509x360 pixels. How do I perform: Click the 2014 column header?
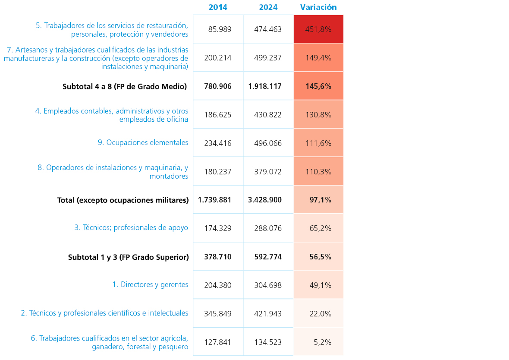coord(218,7)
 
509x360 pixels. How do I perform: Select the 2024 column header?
coord(268,7)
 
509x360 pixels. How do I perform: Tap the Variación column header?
coord(318,7)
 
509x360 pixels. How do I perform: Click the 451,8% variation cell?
coord(318,29)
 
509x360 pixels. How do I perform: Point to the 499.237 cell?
coord(268,58)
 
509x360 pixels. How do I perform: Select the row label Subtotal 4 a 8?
coord(125,86)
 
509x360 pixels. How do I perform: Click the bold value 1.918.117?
coord(265,86)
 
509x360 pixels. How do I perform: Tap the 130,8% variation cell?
coord(318,115)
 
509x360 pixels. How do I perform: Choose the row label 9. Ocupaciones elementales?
coord(143,142)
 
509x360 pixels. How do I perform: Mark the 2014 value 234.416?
coord(218,143)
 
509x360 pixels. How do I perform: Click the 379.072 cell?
coord(268,172)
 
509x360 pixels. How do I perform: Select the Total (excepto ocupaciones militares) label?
coord(123,200)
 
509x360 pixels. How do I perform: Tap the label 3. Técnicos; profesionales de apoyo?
coord(131,227)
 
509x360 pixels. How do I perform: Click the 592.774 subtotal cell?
coord(268,257)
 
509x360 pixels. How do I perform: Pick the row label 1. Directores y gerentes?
coord(150,284)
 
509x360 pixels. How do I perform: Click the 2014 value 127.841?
coord(218,342)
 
